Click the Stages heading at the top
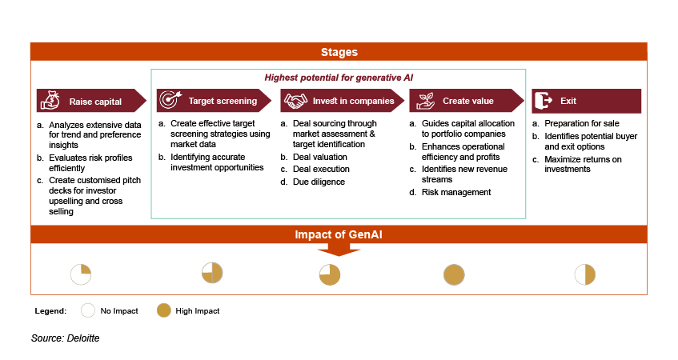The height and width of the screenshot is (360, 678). point(339,52)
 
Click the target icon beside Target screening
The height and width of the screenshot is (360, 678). point(169,101)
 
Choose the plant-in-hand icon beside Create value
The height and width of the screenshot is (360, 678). point(424,101)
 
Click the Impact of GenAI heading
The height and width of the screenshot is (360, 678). point(339,235)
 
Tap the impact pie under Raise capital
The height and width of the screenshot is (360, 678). point(81,274)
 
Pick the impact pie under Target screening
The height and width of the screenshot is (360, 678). point(211,273)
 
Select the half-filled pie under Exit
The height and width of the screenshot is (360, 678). point(585,274)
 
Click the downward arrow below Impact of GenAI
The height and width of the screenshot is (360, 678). point(339,250)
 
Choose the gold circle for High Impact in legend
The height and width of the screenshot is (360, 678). point(163,310)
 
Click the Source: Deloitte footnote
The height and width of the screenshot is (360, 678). point(66,338)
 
